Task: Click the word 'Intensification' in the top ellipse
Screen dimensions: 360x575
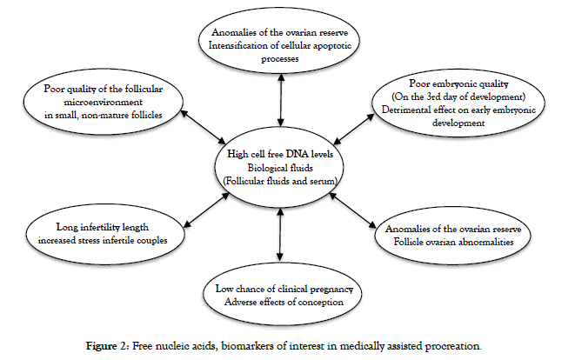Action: pos(236,46)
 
